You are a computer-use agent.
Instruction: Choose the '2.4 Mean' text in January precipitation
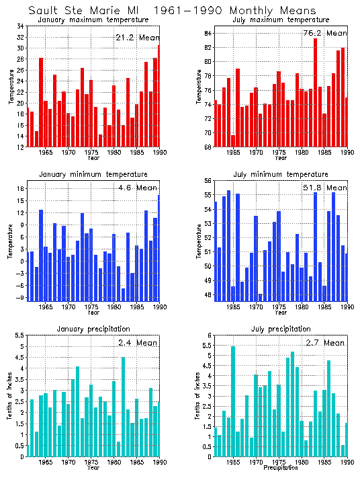(138, 342)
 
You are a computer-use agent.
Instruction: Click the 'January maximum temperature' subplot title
(93, 19)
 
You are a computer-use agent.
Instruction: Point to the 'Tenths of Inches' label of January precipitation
(9, 396)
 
